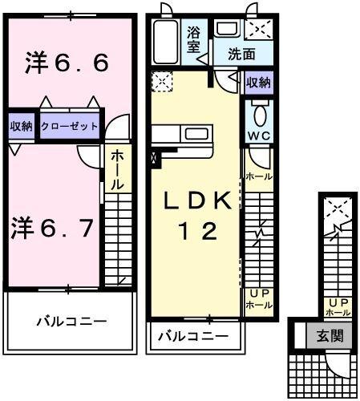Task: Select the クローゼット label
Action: (70, 127)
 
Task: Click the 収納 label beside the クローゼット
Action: (22, 127)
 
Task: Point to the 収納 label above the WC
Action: (257, 83)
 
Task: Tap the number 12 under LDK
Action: (196, 232)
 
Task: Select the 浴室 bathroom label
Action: (195, 40)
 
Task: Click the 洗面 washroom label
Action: (241, 55)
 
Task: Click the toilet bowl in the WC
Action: (258, 111)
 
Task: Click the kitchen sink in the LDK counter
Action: (195, 134)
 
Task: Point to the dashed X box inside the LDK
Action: (162, 81)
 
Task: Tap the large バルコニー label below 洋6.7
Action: (71, 322)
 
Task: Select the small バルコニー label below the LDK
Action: (192, 335)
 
